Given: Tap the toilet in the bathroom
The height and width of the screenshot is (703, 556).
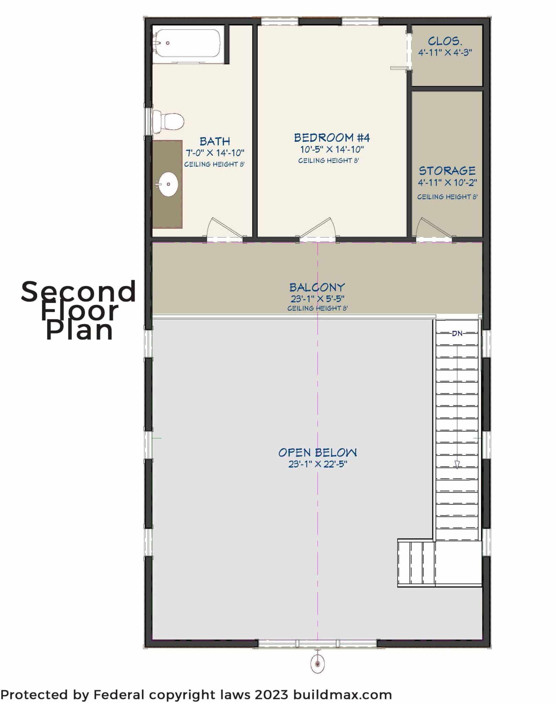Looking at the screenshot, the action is click(x=168, y=122).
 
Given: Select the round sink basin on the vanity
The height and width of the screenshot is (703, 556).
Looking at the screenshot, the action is click(x=168, y=184).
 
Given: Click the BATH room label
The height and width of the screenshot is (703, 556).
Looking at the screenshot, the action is click(x=215, y=141).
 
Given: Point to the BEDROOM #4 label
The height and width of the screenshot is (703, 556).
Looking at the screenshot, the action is click(x=332, y=138).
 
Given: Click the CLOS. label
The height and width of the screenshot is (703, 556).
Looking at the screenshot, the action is click(x=445, y=41).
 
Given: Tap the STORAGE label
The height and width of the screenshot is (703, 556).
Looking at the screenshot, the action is click(x=447, y=171).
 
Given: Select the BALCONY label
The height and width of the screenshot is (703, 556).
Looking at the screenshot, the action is click(x=317, y=287).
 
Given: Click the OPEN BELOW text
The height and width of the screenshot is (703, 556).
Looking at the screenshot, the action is click(x=318, y=452).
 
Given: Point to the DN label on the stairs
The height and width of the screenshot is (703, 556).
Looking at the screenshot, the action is click(x=457, y=333).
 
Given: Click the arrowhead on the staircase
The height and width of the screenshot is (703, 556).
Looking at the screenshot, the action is click(x=457, y=464).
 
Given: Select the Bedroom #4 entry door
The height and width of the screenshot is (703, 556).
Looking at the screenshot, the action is click(x=318, y=228).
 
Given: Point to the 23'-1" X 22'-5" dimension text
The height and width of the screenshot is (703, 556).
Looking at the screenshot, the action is click(x=318, y=464).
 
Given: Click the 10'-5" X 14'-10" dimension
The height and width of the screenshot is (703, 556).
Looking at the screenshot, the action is click(x=332, y=149).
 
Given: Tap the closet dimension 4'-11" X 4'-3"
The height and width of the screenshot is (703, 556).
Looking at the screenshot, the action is click(x=445, y=53).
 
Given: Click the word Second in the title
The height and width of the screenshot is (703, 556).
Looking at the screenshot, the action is click(x=78, y=291).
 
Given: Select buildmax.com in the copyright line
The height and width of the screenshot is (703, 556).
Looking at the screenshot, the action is click(x=343, y=695).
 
